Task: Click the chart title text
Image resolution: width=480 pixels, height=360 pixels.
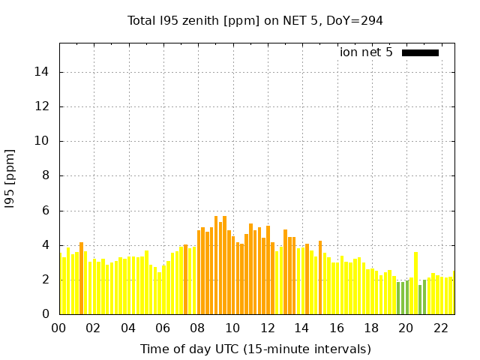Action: pyautogui.click(x=255, y=20)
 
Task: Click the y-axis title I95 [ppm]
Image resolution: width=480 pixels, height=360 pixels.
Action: pyautogui.click(x=10, y=178)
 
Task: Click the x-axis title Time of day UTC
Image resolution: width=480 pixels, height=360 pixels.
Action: pyautogui.click(x=255, y=349)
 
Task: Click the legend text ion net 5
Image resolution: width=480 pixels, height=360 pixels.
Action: pyautogui.click(x=366, y=52)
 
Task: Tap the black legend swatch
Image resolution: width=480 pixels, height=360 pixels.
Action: pyautogui.click(x=420, y=52)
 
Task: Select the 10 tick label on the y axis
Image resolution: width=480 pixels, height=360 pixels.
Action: pyautogui.click(x=43, y=141)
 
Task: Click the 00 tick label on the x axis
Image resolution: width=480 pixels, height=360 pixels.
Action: pyautogui.click(x=59, y=328)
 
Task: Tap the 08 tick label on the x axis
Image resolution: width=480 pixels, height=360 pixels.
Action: pyautogui.click(x=198, y=328)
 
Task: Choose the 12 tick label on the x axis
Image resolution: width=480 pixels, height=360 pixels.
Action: pyautogui.click(x=267, y=328)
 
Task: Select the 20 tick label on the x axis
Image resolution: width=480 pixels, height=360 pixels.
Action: pyautogui.click(x=406, y=328)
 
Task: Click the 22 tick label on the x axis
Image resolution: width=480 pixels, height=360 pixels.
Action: pyautogui.click(x=440, y=328)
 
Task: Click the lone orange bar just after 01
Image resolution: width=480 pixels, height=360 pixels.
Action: pyautogui.click(x=81, y=278)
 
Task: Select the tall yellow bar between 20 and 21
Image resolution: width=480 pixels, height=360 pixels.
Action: pyautogui.click(x=415, y=283)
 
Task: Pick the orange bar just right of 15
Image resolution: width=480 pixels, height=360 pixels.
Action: pyautogui.click(x=320, y=277)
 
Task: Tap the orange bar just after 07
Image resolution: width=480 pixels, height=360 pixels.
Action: pyautogui.click(x=185, y=279)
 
